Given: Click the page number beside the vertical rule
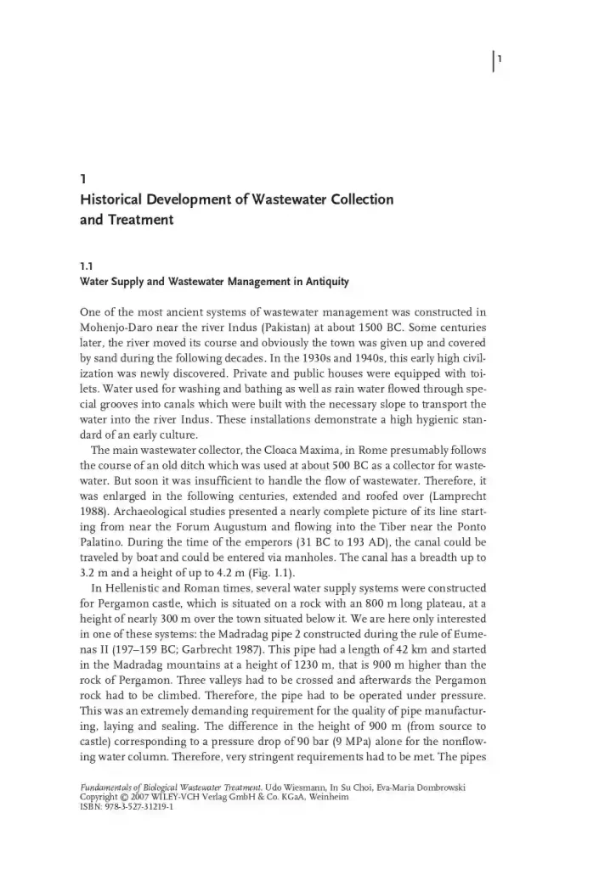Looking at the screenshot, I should [501, 59].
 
